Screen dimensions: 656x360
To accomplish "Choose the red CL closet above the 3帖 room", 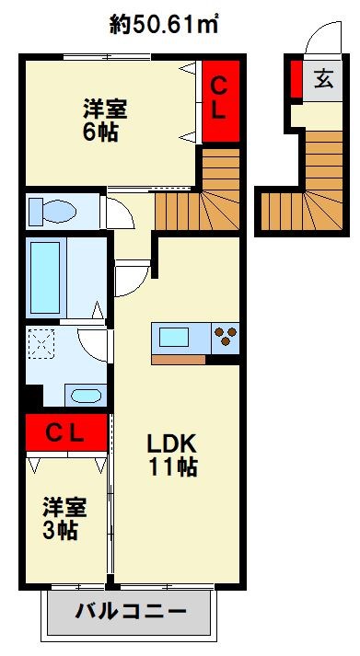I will [x=66, y=432].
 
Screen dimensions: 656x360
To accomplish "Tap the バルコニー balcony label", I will [x=130, y=612].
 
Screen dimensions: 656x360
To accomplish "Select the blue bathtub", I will [x=47, y=276].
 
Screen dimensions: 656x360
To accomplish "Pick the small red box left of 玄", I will [x=296, y=79].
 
